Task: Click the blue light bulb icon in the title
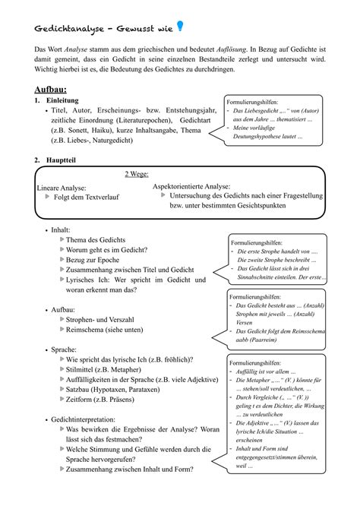pos(180,27)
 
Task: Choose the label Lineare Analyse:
pos(62,188)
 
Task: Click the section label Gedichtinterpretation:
pos(83,419)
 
